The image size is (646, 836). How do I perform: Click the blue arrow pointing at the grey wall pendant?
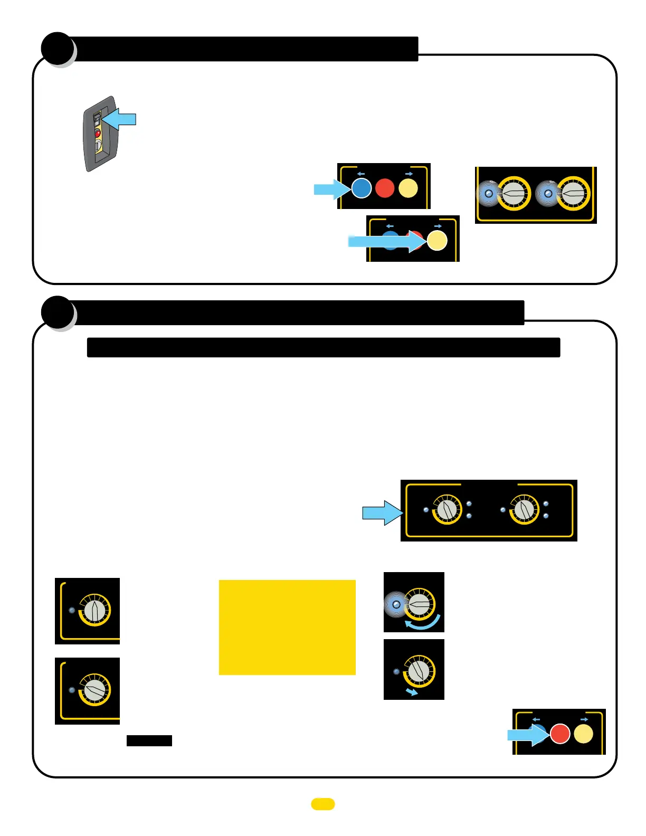(121, 119)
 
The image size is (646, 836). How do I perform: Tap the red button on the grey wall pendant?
(98, 133)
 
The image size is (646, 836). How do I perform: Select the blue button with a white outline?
(362, 188)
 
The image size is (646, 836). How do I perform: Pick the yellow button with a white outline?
(436, 241)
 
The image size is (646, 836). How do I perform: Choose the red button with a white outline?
(560, 734)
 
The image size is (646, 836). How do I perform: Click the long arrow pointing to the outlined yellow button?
(385, 242)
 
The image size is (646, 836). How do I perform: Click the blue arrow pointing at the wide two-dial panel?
(381, 512)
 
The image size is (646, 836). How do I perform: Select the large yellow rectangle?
(287, 627)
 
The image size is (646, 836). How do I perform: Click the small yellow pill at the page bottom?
(323, 804)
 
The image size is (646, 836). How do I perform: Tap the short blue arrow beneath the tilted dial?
(412, 692)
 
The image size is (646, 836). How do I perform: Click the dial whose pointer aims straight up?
(94, 611)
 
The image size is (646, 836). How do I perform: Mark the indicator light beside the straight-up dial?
(72, 610)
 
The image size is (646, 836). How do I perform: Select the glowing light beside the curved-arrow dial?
(396, 605)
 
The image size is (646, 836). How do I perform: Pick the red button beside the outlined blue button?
(385, 188)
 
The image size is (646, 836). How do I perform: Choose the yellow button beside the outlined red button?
(583, 734)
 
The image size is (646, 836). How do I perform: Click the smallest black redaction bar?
(149, 740)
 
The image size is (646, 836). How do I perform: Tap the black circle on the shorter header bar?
(58, 49)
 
